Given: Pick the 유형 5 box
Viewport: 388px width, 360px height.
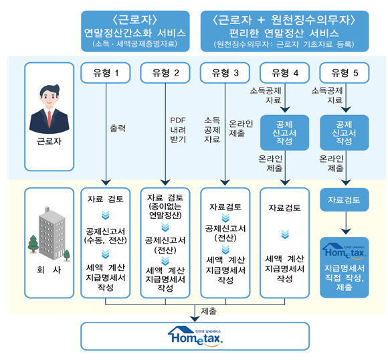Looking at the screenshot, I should coord(345,72).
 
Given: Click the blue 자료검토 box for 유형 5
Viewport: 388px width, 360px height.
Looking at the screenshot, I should coord(345,199).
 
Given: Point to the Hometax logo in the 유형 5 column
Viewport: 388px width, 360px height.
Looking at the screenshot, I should coord(345,253).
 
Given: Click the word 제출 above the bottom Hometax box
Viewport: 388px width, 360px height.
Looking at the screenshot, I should coord(209,310).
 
